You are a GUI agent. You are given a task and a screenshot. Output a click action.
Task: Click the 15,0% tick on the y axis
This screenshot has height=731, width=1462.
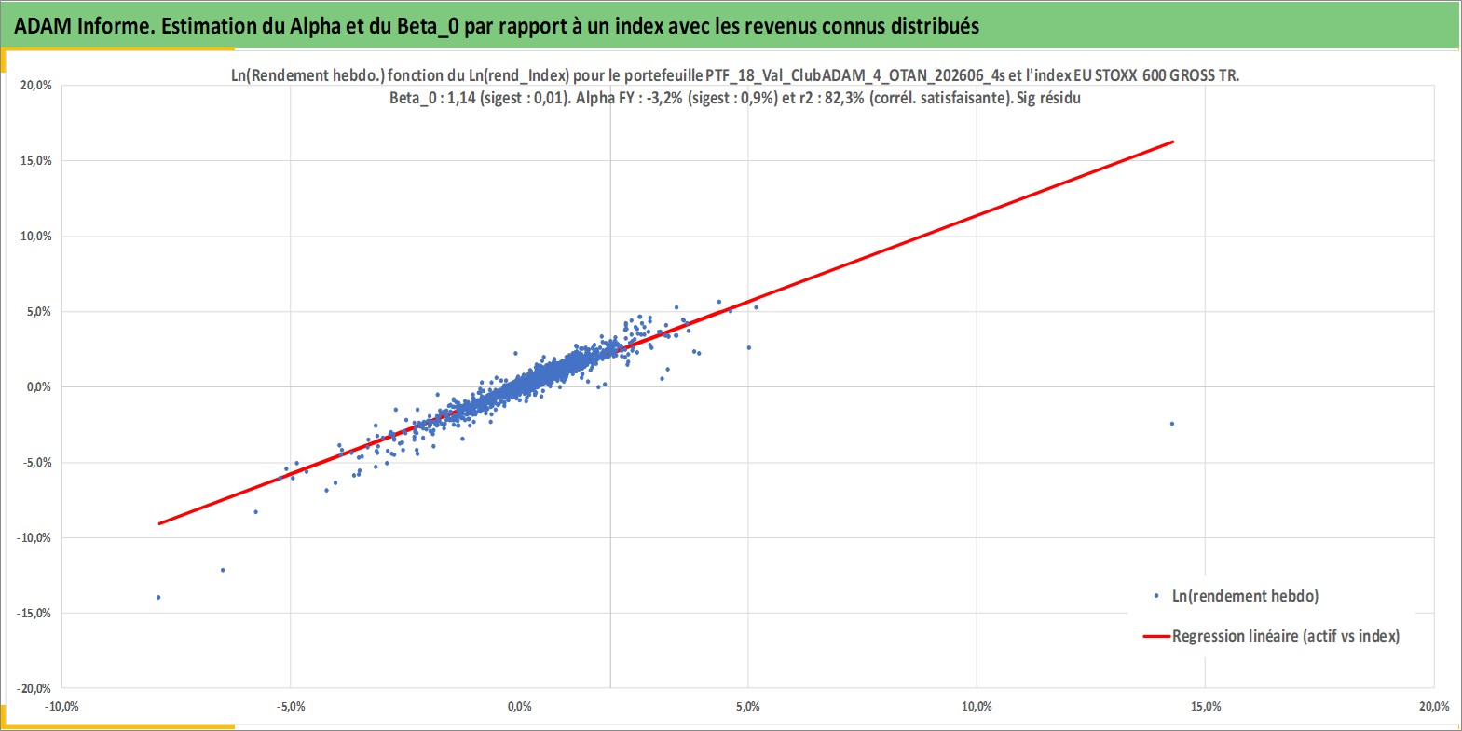36,161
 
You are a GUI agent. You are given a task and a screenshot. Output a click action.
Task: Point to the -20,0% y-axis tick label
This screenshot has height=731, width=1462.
34,688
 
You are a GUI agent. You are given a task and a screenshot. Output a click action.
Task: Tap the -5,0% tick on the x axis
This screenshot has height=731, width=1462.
291,706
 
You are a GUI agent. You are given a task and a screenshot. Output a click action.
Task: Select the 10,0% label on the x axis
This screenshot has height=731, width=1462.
977,706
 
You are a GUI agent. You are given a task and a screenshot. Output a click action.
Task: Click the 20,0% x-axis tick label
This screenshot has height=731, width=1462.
1434,706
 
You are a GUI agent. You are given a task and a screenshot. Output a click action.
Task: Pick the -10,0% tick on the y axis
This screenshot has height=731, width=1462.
34,538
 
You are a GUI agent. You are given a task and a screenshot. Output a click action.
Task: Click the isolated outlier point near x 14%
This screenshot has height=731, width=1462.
1171,424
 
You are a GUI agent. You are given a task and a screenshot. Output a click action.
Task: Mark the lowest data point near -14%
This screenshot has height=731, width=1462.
158,597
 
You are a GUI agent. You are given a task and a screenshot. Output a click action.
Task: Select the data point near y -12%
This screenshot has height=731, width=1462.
223,570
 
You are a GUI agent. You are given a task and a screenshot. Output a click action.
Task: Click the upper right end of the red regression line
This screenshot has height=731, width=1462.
1173,142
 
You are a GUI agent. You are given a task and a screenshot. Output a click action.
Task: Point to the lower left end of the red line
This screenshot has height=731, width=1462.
159,523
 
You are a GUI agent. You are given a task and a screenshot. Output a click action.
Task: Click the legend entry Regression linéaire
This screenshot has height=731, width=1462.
1271,636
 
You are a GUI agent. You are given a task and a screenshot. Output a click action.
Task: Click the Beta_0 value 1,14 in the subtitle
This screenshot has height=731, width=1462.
461,98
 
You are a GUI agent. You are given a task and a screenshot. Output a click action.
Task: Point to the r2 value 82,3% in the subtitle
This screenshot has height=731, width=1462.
845,98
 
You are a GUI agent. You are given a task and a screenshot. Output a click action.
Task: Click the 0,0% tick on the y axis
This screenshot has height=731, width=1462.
38,387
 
